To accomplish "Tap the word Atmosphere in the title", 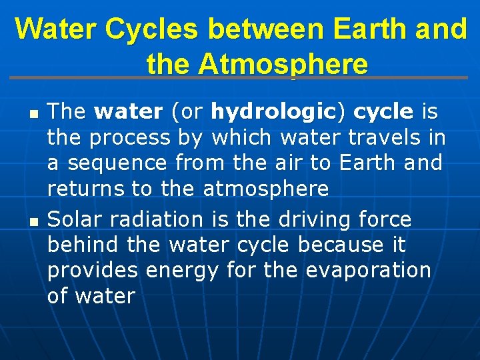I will [283, 65].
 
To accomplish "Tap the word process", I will [129, 138].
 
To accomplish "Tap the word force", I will [385, 219].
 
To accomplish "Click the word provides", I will [92, 271].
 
